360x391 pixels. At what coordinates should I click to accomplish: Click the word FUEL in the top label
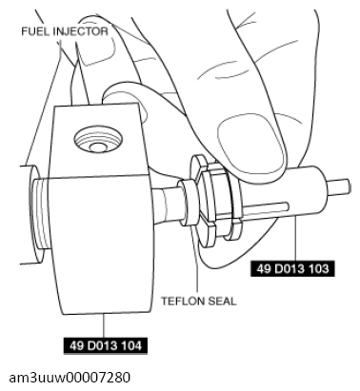(35, 31)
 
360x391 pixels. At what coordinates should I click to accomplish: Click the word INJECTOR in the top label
(81, 31)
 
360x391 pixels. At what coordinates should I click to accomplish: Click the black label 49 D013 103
(292, 269)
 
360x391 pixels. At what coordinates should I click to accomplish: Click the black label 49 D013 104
(106, 345)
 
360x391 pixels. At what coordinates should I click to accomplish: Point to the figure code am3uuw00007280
(70, 378)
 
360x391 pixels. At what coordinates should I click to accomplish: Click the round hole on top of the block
(98, 140)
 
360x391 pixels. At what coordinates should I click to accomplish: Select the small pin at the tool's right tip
(339, 186)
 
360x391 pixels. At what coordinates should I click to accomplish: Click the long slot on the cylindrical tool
(265, 207)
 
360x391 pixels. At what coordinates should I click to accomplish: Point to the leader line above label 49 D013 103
(296, 239)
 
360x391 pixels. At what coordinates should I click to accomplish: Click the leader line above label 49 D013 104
(104, 325)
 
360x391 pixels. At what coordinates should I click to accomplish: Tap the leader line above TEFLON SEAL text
(196, 264)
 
